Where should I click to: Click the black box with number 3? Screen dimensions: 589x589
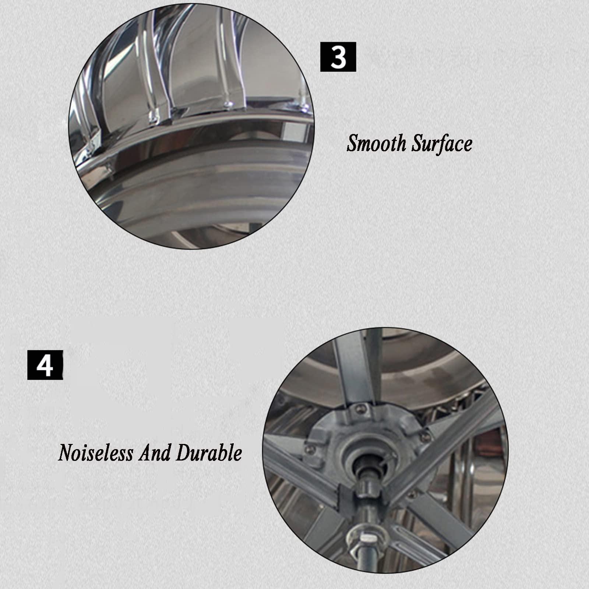(x=338, y=57)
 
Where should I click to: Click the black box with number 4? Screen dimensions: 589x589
(x=45, y=365)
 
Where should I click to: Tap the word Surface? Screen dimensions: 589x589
(x=442, y=143)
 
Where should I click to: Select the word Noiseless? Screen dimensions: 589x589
(x=96, y=452)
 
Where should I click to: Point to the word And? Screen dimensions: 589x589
(x=154, y=452)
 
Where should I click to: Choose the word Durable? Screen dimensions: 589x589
(x=209, y=452)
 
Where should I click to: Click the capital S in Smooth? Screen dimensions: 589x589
(x=353, y=143)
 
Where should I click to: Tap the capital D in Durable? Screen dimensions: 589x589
(x=184, y=452)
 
